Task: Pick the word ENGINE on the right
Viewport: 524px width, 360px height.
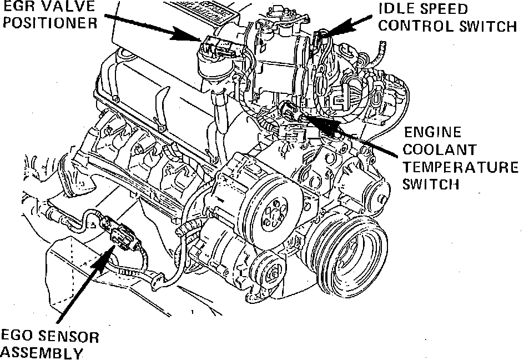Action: pos(432,133)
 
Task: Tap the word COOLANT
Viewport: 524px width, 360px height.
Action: pos(440,150)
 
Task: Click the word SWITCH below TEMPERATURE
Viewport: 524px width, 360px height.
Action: pos(432,184)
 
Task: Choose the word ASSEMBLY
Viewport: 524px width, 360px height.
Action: pos(41,353)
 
